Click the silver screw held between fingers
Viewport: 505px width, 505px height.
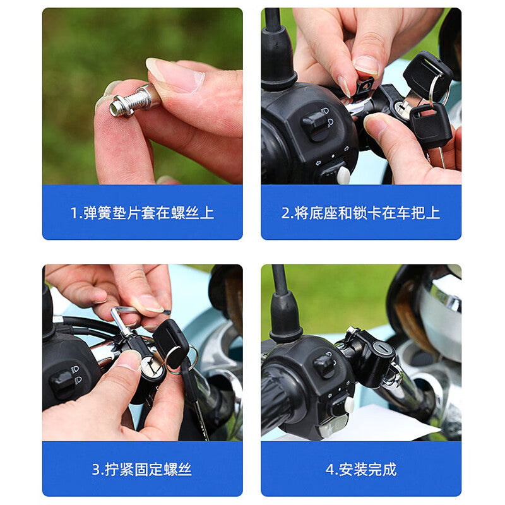[131, 101]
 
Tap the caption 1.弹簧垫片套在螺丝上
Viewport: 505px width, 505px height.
[142, 213]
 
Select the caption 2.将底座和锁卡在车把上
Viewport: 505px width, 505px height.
[360, 213]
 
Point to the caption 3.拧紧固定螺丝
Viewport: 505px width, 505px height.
[141, 469]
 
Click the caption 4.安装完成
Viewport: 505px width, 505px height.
[361, 469]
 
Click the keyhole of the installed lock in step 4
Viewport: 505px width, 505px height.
[382, 348]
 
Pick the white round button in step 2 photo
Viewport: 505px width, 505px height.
[343, 175]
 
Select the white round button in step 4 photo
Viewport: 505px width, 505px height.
[349, 405]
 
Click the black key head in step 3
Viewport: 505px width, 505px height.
[171, 343]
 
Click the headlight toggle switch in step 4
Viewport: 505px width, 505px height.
[324, 365]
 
